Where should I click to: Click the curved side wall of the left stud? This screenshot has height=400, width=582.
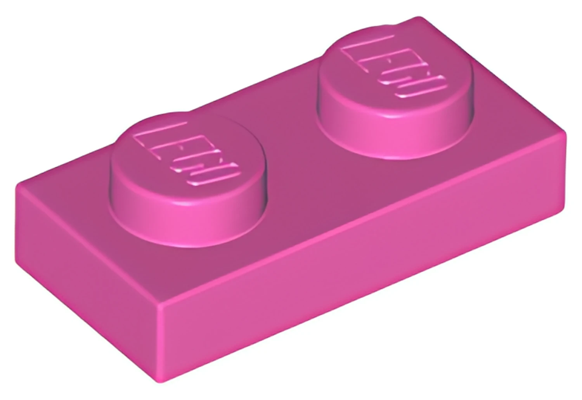187,223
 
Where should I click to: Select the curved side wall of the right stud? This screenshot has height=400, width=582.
395,135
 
